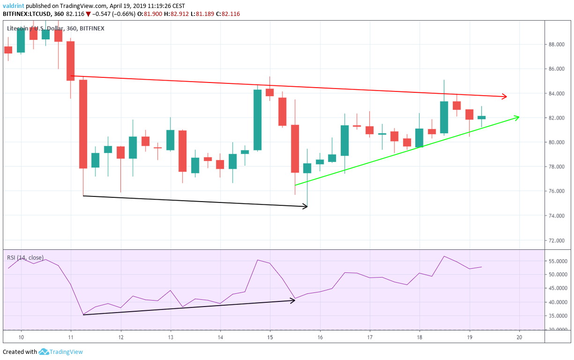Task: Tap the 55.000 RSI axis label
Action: (x=558, y=261)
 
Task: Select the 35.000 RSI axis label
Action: (x=558, y=316)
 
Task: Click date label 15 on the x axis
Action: (x=270, y=337)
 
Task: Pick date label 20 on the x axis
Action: (x=519, y=337)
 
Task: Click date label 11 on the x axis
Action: (x=71, y=337)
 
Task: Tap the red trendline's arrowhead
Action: (x=504, y=97)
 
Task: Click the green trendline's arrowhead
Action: (x=516, y=117)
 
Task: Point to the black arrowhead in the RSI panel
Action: (x=292, y=300)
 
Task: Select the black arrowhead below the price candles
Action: (x=305, y=206)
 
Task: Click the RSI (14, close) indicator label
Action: (x=25, y=257)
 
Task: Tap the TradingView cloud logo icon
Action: (x=44, y=352)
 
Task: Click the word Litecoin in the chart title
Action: (x=17, y=28)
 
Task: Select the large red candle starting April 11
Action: (x=83, y=124)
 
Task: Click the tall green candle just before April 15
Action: (x=257, y=120)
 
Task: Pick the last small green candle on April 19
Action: (x=482, y=117)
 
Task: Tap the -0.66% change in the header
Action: (x=124, y=14)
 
